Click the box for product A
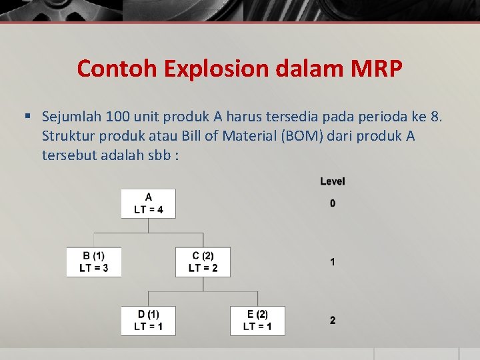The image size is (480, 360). coord(148,203)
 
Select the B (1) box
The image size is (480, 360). coord(93,262)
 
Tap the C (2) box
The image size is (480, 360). coord(203,262)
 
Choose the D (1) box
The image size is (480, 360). coord(148,320)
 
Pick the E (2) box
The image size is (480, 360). coord(257,320)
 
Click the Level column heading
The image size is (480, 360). coord(333,181)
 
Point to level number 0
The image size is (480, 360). coord(333,203)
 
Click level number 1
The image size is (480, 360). coord(333,262)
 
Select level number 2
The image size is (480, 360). coord(333,321)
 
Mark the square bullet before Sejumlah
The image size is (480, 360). coord(28,116)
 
